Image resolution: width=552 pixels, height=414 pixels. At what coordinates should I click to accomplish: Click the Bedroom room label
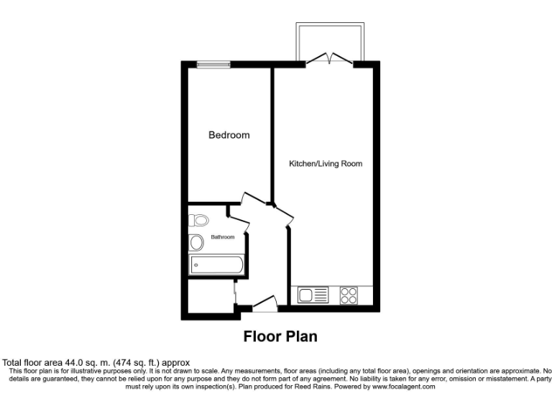pyautogui.click(x=229, y=135)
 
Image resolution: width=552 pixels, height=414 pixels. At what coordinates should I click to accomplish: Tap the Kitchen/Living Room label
pyautogui.click(x=325, y=164)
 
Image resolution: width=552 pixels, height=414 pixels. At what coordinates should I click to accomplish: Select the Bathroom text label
pyautogui.click(x=222, y=237)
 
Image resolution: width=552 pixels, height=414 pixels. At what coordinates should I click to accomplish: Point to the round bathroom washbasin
pyautogui.click(x=196, y=242)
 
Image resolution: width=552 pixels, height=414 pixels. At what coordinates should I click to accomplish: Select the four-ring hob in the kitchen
pyautogui.click(x=349, y=295)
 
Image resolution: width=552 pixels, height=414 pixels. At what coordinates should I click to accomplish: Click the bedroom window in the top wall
pyautogui.click(x=214, y=65)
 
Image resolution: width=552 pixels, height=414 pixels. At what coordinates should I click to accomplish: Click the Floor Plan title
pyautogui.click(x=280, y=336)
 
